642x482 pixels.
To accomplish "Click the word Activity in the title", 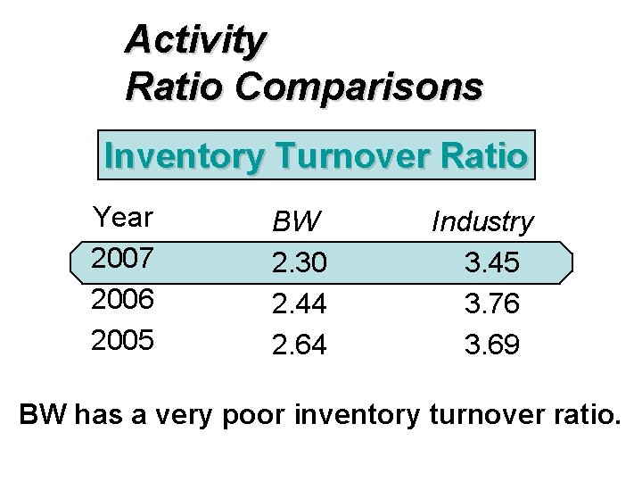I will click(195, 40).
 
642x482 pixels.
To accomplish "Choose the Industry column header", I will click(482, 222).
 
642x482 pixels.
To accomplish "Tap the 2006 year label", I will click(124, 300).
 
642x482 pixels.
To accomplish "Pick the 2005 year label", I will click(124, 341).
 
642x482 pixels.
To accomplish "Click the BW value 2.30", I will click(300, 262).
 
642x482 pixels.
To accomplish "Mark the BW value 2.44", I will click(300, 303).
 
